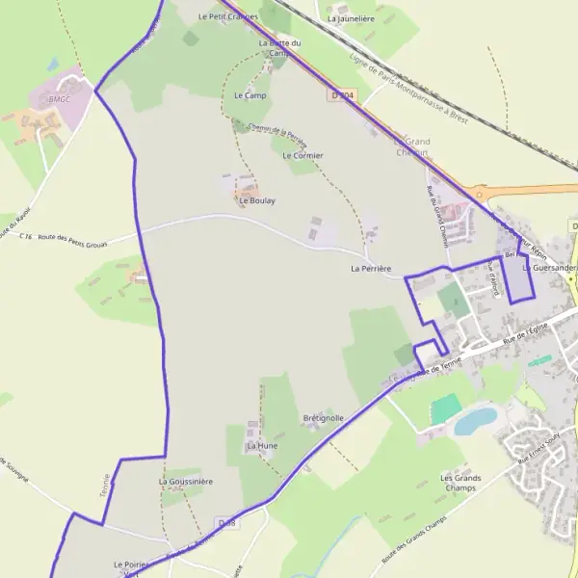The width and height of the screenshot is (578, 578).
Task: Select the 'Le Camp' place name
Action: click(x=250, y=96)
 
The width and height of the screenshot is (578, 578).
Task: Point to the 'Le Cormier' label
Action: click(x=302, y=155)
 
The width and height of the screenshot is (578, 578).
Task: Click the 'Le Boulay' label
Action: click(x=257, y=201)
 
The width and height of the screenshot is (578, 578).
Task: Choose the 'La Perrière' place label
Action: click(x=371, y=269)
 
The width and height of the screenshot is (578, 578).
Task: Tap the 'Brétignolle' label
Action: click(x=323, y=418)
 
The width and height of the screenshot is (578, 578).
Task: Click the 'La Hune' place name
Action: click(x=261, y=446)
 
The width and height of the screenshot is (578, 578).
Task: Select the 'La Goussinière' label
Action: click(x=185, y=481)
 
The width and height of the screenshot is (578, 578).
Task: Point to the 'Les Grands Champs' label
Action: click(x=460, y=483)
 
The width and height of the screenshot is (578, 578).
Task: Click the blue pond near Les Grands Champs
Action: click(x=475, y=420)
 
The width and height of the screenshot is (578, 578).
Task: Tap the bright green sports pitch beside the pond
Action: click(x=445, y=408)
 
